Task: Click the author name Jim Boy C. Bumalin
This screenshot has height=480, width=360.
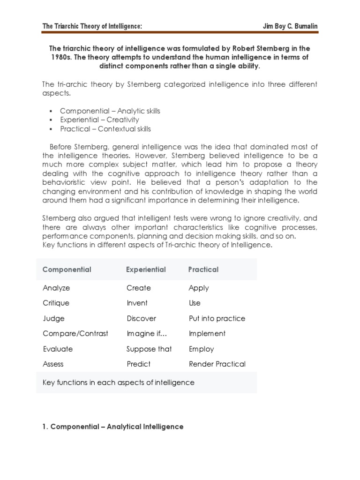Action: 290,26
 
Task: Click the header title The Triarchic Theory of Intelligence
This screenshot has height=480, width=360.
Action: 92,26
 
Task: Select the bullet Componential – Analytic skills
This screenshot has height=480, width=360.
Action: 110,111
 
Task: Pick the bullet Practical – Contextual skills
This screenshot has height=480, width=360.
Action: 105,129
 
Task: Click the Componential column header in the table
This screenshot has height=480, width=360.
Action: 67,270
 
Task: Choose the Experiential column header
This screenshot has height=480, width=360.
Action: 146,270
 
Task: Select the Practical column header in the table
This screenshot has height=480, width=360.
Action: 203,270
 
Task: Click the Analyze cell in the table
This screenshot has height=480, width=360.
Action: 56,288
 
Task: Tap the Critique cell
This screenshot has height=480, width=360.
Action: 56,303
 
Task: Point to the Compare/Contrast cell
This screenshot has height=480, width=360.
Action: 75,334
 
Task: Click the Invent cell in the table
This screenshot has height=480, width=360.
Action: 137,303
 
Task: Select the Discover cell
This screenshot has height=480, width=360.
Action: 141,319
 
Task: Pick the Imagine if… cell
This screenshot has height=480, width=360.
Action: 143,334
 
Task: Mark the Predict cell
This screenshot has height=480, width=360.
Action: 138,364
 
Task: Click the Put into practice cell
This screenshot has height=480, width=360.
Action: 217,319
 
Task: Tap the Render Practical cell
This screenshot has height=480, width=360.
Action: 217,364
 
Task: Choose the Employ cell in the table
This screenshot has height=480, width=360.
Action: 201,349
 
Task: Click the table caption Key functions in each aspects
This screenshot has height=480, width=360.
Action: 118,382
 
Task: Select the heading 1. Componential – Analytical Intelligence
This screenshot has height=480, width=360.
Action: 113,427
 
